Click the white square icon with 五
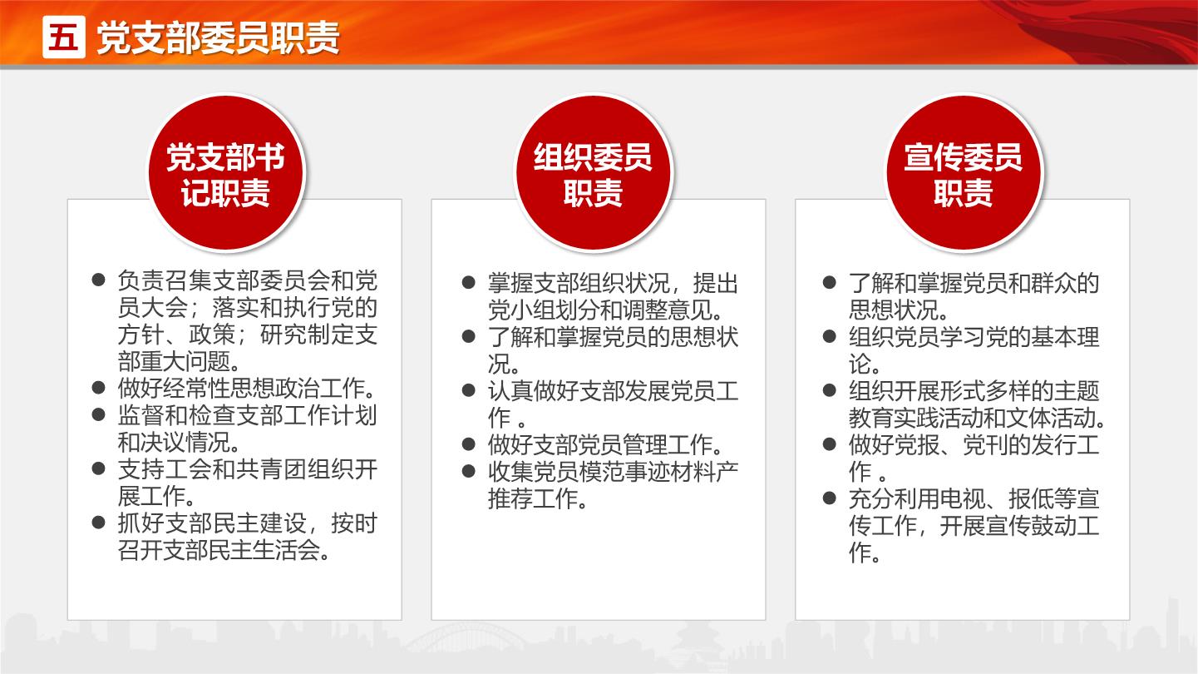click(x=64, y=37)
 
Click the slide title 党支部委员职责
click(x=218, y=38)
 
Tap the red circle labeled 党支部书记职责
click(x=225, y=173)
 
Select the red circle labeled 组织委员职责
click(x=593, y=173)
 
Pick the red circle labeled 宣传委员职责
click(x=964, y=173)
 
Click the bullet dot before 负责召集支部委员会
click(x=98, y=280)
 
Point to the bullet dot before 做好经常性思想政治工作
click(x=98, y=388)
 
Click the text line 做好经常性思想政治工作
click(x=247, y=389)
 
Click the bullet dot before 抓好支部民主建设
click(x=98, y=523)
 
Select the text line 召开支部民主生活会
click(x=224, y=550)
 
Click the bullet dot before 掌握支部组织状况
click(x=469, y=283)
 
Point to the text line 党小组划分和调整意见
click(x=606, y=310)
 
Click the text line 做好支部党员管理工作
click(x=606, y=444)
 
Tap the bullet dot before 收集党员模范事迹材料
click(x=469, y=471)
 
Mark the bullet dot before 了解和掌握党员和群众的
click(x=830, y=283)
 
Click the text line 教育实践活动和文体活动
click(x=977, y=418)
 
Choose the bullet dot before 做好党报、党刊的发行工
click(x=830, y=444)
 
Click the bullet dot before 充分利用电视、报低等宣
click(x=830, y=498)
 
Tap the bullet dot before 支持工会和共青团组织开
click(x=98, y=469)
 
